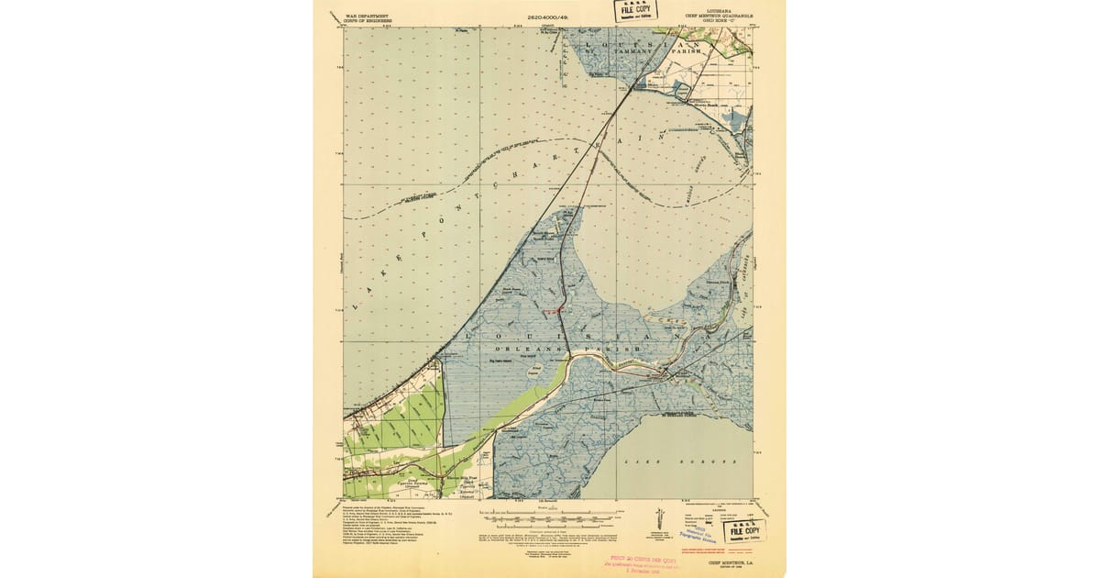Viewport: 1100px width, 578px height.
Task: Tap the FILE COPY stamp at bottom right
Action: [x=744, y=531]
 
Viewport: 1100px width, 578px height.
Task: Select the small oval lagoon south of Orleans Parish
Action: [x=534, y=371]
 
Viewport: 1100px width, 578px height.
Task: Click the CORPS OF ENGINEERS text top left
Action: [x=367, y=21]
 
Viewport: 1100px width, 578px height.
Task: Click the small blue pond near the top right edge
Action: [x=683, y=90]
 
